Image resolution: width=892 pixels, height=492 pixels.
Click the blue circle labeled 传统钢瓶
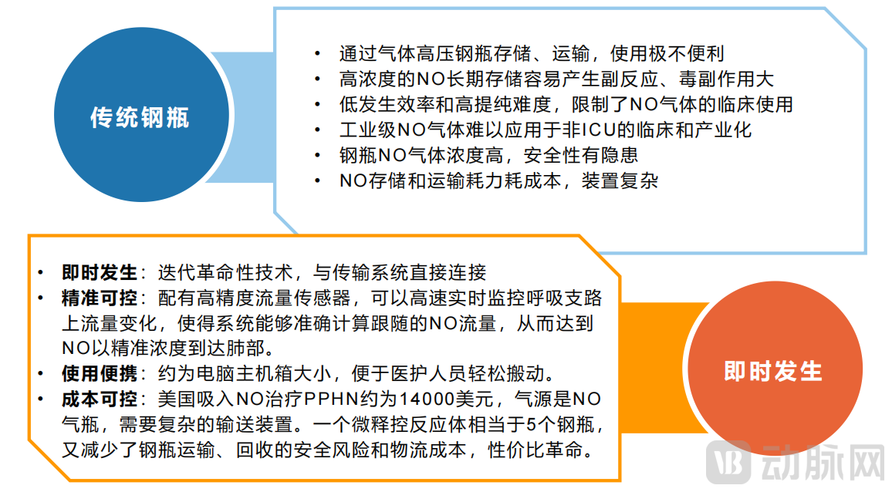(x=140, y=117)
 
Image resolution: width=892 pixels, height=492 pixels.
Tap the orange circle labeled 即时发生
(x=772, y=371)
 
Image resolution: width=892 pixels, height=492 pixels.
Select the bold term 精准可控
(x=99, y=298)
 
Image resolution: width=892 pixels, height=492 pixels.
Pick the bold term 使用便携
(x=99, y=374)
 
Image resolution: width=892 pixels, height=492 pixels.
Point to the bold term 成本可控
(x=99, y=399)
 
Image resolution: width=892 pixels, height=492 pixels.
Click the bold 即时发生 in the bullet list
(x=99, y=272)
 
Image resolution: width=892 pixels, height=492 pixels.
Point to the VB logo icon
(x=731, y=463)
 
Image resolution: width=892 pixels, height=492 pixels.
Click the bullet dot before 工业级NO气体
(x=318, y=130)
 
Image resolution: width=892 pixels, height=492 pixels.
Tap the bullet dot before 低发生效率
(x=318, y=104)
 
